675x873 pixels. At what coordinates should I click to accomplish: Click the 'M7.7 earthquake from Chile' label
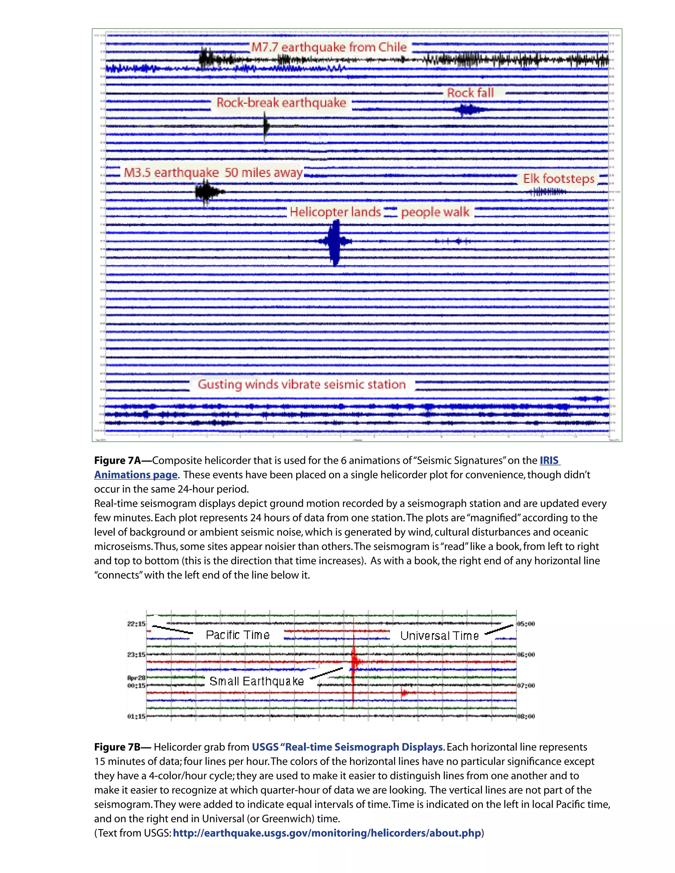(329, 47)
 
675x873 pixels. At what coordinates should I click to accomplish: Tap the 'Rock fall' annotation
(470, 93)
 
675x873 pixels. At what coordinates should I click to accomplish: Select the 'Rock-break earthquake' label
(281, 103)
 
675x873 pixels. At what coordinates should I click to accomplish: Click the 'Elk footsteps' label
(559, 178)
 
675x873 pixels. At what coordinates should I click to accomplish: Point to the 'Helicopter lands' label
(335, 211)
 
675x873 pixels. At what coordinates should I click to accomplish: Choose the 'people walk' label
(435, 211)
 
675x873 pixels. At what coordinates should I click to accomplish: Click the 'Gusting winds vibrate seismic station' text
(302, 384)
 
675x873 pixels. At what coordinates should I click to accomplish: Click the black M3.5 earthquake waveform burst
(206, 192)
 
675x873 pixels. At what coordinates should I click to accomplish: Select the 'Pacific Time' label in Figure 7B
(238, 635)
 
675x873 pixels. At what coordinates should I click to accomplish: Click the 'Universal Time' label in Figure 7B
(439, 635)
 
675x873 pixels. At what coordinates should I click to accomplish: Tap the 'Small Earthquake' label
(256, 681)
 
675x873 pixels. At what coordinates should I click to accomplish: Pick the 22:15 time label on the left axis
(136, 624)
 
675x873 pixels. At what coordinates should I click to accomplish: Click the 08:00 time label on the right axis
(526, 716)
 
